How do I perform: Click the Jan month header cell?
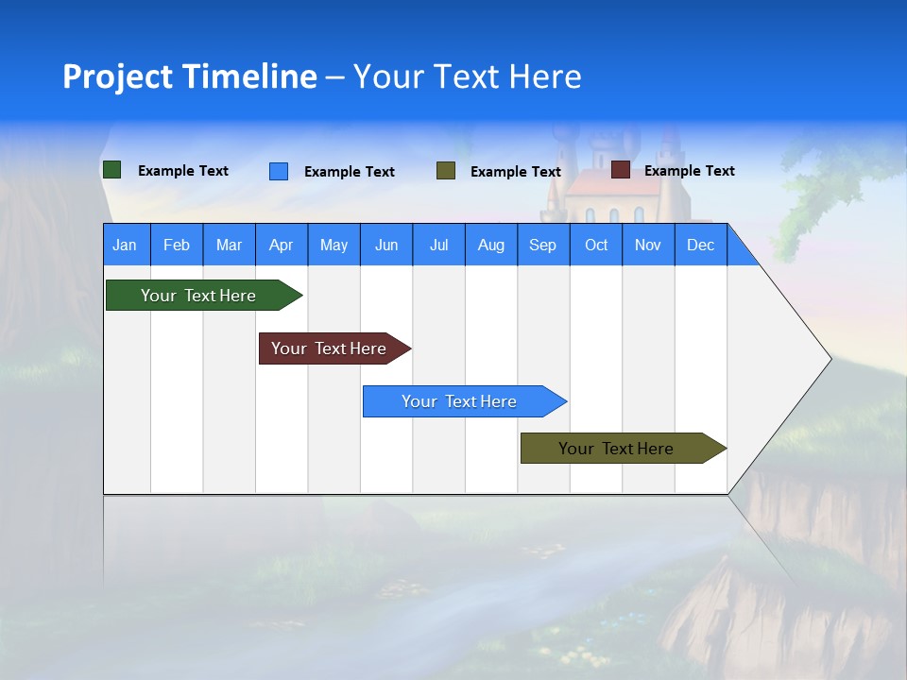[x=126, y=245]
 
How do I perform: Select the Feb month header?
[x=177, y=245]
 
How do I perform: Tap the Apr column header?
[x=282, y=245]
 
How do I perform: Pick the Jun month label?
[x=386, y=245]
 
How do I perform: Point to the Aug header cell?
[x=491, y=245]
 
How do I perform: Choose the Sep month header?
[x=543, y=245]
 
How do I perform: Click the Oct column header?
[x=596, y=245]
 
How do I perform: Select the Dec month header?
[x=701, y=245]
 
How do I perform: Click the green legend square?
[x=112, y=170]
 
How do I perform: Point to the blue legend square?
[x=279, y=171]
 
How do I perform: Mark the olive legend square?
[x=446, y=171]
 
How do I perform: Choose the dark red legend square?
[x=621, y=170]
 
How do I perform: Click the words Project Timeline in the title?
[x=190, y=76]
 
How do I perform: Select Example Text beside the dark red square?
[x=689, y=171]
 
